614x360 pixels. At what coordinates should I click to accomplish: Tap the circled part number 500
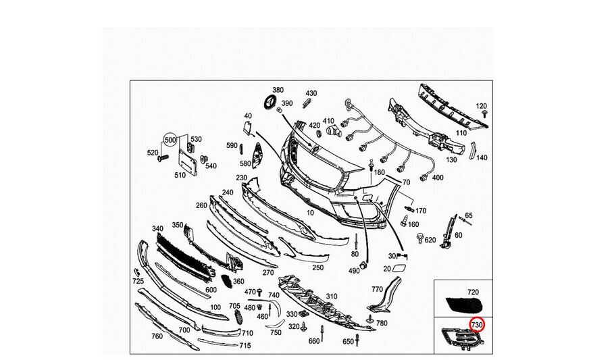pos(170,140)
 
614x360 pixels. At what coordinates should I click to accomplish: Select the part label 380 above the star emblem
pos(278,90)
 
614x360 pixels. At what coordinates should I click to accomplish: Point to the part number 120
pos(481,106)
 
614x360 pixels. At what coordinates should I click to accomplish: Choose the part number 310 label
pos(331,297)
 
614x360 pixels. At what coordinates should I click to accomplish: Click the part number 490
pos(353,271)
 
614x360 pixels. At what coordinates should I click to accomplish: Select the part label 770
pos(377,288)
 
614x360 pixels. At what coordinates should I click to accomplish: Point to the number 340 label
pos(158,228)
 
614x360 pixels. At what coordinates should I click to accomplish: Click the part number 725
pos(138,280)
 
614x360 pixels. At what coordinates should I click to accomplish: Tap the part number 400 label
pos(437,177)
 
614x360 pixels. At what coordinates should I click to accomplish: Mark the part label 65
pos(468,215)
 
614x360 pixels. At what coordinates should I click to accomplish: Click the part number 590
pos(232,145)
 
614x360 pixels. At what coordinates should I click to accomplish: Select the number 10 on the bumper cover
pos(311,212)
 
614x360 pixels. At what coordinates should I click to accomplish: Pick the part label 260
pos(201,205)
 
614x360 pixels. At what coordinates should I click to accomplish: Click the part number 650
pos(347,342)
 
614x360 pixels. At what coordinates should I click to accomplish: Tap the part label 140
pos(482,158)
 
